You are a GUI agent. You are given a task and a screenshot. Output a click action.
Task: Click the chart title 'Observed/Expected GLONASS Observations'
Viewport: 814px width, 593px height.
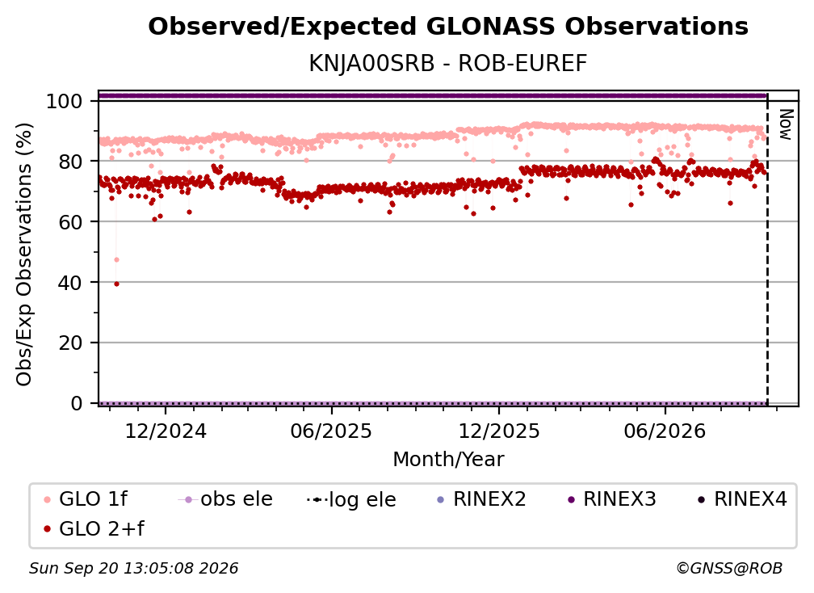448,27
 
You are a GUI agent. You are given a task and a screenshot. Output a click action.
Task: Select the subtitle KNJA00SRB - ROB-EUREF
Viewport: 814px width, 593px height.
448,63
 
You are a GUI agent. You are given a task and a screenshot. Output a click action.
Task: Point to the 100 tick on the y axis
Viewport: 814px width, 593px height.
65,101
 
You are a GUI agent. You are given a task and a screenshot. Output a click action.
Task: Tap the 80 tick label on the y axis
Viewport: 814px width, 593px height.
70,162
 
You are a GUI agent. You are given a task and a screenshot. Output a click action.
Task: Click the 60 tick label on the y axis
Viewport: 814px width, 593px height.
70,222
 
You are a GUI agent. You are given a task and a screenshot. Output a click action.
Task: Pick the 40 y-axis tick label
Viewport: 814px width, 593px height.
70,283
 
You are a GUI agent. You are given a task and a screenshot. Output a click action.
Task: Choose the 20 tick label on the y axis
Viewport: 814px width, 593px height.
70,343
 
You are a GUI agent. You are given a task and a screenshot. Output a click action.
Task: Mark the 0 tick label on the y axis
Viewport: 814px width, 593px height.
77,403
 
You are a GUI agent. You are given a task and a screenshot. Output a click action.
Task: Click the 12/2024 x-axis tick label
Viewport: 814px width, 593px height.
166,431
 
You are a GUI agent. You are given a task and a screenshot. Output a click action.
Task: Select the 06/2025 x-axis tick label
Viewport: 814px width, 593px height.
332,431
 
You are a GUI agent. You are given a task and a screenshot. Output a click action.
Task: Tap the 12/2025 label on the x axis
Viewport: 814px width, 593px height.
499,431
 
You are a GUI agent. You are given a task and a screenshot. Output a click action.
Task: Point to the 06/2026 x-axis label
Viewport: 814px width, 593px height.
665,431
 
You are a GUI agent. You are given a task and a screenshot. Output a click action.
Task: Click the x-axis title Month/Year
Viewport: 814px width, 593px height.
448,460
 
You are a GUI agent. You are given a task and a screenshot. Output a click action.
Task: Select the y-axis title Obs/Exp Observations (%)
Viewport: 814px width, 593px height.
24,254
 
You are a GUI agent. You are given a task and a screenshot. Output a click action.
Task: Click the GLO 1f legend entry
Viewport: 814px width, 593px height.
86,499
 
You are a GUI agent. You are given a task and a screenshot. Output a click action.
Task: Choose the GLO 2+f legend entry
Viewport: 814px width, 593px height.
94,528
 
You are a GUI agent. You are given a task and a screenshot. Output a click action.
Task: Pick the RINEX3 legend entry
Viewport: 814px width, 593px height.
612,499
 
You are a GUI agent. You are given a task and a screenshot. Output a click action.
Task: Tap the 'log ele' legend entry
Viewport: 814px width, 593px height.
351,499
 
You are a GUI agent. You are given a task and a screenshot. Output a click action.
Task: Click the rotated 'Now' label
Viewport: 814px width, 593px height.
787,124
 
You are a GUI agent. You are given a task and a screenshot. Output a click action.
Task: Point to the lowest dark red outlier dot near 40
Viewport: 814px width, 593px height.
116,284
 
